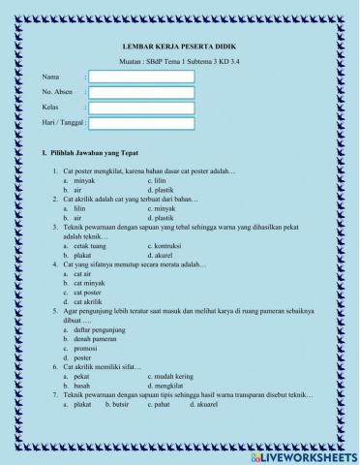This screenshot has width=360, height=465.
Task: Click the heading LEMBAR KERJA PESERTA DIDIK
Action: point(180,46)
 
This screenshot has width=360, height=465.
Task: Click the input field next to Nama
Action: point(141,76)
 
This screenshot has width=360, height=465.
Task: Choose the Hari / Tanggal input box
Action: point(141,123)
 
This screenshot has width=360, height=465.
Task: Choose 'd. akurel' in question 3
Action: point(164,256)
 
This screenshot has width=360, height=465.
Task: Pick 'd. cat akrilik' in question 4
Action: point(86,301)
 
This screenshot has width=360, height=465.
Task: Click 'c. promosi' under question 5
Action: point(83,348)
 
